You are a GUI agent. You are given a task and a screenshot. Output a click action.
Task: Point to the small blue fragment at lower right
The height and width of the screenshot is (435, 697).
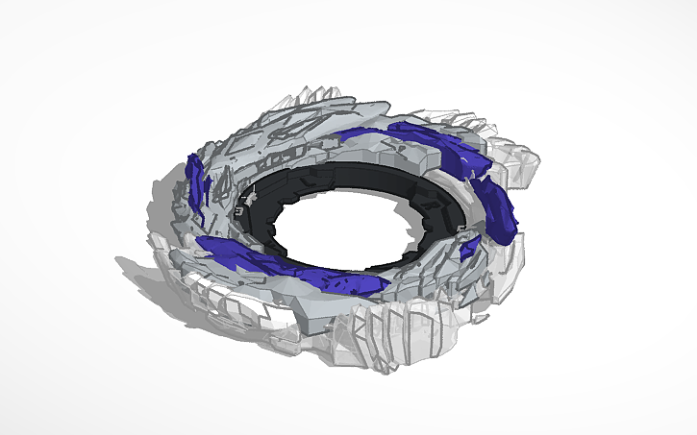[x=468, y=249]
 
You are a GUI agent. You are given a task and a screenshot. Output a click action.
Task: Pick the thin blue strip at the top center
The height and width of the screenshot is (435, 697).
[x=370, y=134]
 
